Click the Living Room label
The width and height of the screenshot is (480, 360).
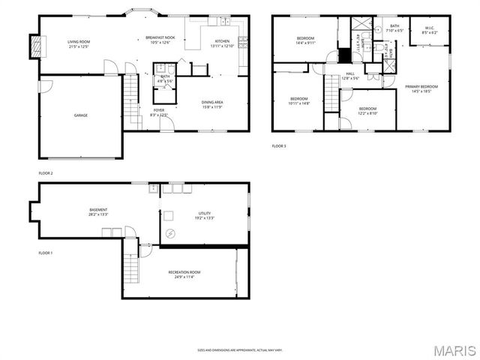[x=79, y=44]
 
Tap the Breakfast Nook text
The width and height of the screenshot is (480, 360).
[x=160, y=40]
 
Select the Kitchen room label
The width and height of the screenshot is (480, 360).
[x=223, y=43]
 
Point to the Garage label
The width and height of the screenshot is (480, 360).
[x=80, y=115]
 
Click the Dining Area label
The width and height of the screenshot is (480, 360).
[x=212, y=104]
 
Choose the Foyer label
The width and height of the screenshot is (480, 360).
[x=159, y=112]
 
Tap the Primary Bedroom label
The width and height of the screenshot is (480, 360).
[x=421, y=88]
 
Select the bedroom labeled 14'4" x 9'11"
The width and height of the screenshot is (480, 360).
[x=304, y=40]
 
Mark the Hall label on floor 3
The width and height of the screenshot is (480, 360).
[x=350, y=76]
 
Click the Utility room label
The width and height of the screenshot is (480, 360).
[x=205, y=215]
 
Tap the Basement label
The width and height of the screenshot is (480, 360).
[x=98, y=211]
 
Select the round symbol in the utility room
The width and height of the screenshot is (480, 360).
[x=170, y=234]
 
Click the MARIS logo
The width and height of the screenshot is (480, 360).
[x=452, y=349]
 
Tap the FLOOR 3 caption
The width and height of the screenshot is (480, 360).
[x=279, y=145]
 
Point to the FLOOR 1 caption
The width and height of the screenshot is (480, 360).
[x=46, y=253]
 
